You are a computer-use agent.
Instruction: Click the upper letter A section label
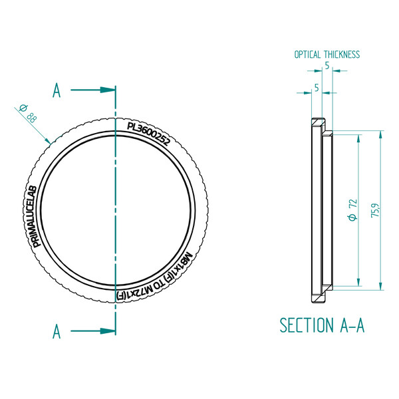tap(57, 91)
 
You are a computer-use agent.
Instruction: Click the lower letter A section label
tap(57, 330)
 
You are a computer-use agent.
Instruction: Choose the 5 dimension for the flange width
tap(316, 87)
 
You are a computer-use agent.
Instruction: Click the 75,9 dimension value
tap(376, 210)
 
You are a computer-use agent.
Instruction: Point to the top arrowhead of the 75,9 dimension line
tap(380, 134)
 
